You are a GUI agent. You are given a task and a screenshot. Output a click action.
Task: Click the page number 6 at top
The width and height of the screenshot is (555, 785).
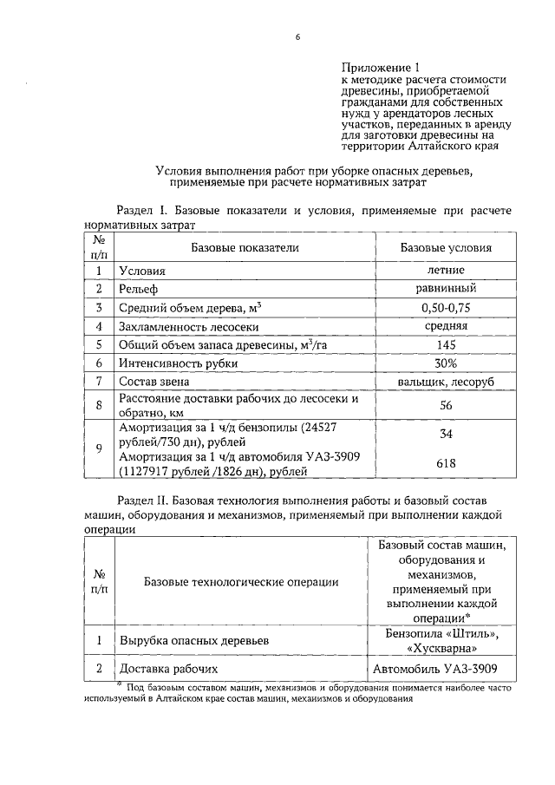297,36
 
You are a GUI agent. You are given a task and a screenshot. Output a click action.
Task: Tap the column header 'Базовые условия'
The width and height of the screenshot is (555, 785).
446,247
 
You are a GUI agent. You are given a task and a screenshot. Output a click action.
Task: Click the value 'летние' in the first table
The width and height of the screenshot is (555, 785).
446,271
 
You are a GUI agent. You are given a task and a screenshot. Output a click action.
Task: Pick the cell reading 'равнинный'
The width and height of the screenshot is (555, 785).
446,289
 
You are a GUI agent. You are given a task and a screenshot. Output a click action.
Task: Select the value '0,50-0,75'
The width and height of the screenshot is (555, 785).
446,308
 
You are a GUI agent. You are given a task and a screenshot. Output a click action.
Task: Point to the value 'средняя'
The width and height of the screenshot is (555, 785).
446,326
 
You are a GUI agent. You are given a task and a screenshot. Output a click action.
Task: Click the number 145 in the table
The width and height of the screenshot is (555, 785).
446,344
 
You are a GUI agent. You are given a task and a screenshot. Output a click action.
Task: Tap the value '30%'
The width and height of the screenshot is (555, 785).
446,363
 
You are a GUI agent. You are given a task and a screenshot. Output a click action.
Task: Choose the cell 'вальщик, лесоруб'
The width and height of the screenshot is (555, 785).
446,382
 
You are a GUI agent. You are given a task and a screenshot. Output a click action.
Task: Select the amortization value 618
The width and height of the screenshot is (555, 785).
446,464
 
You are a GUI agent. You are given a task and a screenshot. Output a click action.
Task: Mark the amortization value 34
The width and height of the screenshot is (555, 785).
446,433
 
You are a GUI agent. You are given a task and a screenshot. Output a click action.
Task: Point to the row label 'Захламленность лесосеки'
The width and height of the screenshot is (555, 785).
190,327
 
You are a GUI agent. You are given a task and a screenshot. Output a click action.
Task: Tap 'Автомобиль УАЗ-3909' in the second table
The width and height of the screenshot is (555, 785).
438,669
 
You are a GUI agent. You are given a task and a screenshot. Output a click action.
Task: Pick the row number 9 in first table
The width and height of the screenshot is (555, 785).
100,448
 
